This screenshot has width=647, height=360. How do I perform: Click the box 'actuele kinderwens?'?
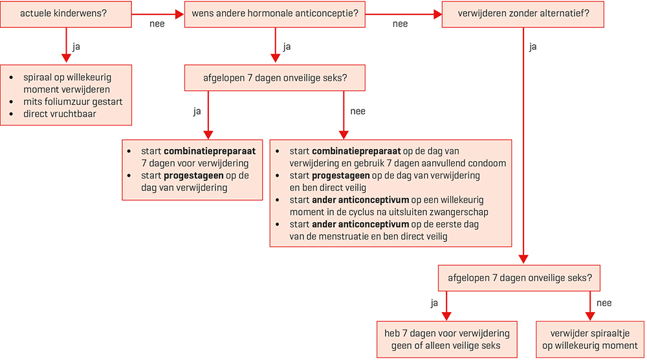(x=65, y=14)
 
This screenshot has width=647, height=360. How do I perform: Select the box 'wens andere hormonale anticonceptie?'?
(x=275, y=14)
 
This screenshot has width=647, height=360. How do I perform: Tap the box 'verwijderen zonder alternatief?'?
(x=523, y=14)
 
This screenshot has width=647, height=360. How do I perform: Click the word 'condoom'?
(x=486, y=163)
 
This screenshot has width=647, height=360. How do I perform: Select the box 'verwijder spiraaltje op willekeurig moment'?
(x=590, y=339)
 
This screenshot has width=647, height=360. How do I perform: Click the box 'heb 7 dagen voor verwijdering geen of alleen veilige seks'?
(x=446, y=339)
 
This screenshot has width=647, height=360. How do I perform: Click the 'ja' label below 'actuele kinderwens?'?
(x=76, y=46)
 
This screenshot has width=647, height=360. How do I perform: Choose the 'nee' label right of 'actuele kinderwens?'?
(x=157, y=24)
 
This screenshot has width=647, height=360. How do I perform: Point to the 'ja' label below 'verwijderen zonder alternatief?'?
(x=532, y=46)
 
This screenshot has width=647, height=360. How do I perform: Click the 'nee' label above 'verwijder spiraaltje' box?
(x=604, y=302)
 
